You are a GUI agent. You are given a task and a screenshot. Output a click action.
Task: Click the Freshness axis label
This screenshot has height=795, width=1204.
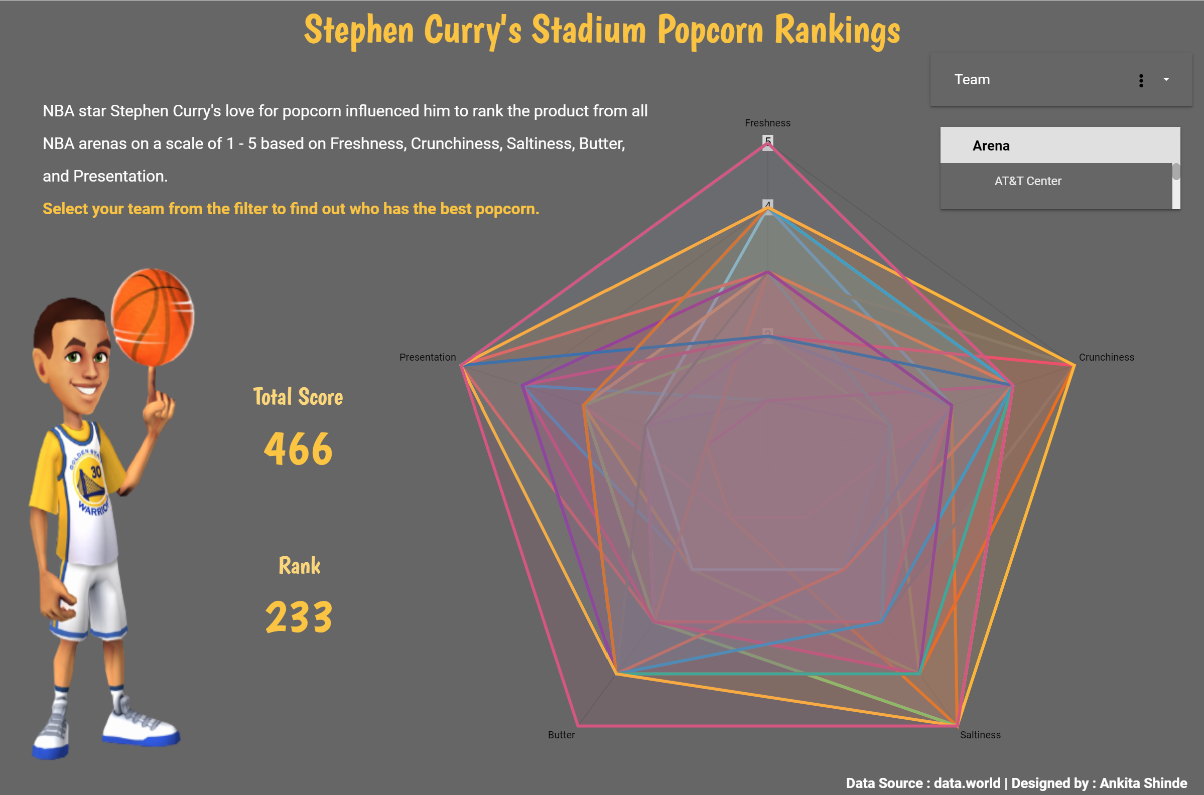[x=767, y=123]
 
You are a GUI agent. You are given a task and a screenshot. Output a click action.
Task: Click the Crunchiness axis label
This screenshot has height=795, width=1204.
[x=1106, y=358]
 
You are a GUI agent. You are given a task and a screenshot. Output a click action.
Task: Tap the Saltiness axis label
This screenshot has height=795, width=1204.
[x=980, y=735]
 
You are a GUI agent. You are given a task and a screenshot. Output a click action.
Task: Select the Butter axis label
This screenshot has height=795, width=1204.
[x=561, y=735]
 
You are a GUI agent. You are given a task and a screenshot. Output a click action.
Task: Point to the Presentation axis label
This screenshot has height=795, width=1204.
[x=428, y=358]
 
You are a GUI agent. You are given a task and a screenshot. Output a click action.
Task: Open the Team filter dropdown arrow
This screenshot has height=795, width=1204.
[x=1166, y=80]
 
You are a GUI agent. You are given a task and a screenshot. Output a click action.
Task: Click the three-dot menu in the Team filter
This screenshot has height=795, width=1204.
[x=1141, y=81]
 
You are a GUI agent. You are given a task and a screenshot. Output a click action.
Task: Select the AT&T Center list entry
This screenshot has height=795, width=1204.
[x=1027, y=181]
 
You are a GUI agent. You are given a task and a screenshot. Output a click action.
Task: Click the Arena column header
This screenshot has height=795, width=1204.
[x=991, y=146]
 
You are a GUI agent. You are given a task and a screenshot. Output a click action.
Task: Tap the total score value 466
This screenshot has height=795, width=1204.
[x=298, y=449]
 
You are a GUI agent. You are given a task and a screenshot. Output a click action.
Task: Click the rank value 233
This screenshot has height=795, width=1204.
[x=299, y=617]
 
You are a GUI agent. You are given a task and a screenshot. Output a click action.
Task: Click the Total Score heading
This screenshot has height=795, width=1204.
[x=298, y=397]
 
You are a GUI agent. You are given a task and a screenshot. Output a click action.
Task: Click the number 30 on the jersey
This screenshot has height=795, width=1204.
[x=96, y=472]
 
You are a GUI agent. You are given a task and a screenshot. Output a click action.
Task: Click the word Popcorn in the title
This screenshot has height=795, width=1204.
[x=710, y=31]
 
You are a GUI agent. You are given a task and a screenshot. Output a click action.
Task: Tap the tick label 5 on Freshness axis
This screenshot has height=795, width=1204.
[x=768, y=140]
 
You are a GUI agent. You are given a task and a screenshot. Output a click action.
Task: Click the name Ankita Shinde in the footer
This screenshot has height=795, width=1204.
[x=1143, y=783]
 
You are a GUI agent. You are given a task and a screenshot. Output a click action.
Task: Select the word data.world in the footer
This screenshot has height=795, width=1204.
[x=967, y=783]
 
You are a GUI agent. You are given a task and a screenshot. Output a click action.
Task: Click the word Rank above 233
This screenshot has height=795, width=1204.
[x=299, y=566]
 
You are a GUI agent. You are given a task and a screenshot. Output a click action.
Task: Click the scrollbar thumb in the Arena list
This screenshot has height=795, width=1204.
[x=1176, y=172]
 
